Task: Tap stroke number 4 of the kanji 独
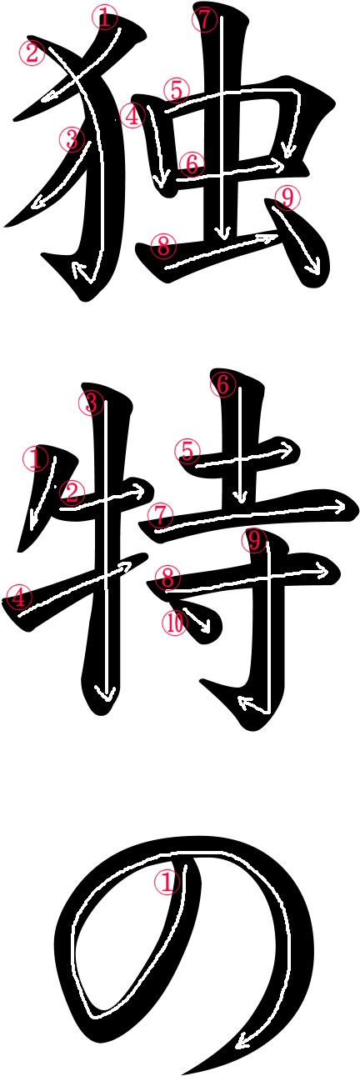158,144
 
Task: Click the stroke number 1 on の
167,883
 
